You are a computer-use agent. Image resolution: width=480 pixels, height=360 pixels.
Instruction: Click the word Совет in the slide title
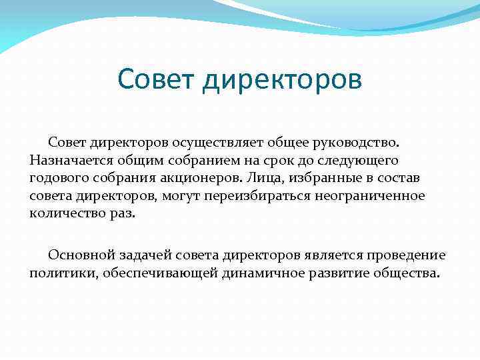[157, 79]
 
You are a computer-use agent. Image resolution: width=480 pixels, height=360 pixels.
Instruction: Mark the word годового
[57, 179]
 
